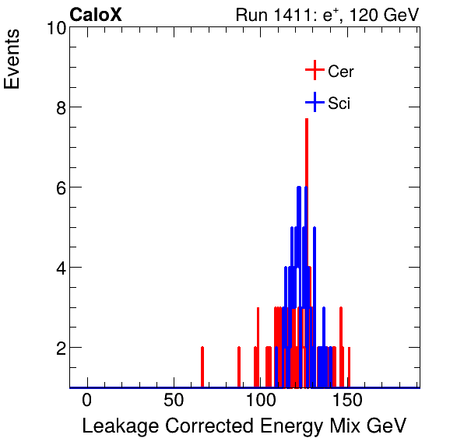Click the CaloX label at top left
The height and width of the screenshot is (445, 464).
coord(96,15)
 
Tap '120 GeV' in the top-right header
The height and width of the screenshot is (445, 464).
coord(385,15)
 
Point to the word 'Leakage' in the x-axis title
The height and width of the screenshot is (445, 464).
coord(117,426)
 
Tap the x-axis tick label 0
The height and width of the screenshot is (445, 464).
coord(87,401)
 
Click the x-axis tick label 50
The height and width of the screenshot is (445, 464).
coord(174,401)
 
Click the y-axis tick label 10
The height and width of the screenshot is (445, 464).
coord(54,28)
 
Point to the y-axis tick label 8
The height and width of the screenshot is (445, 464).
coord(59,107)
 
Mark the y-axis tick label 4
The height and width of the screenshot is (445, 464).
coord(59,268)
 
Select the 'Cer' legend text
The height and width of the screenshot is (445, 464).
coord(340,72)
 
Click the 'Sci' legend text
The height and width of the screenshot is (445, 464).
coord(339,103)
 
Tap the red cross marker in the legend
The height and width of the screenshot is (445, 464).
coord(314,71)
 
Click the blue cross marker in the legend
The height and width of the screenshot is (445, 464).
coord(314,102)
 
